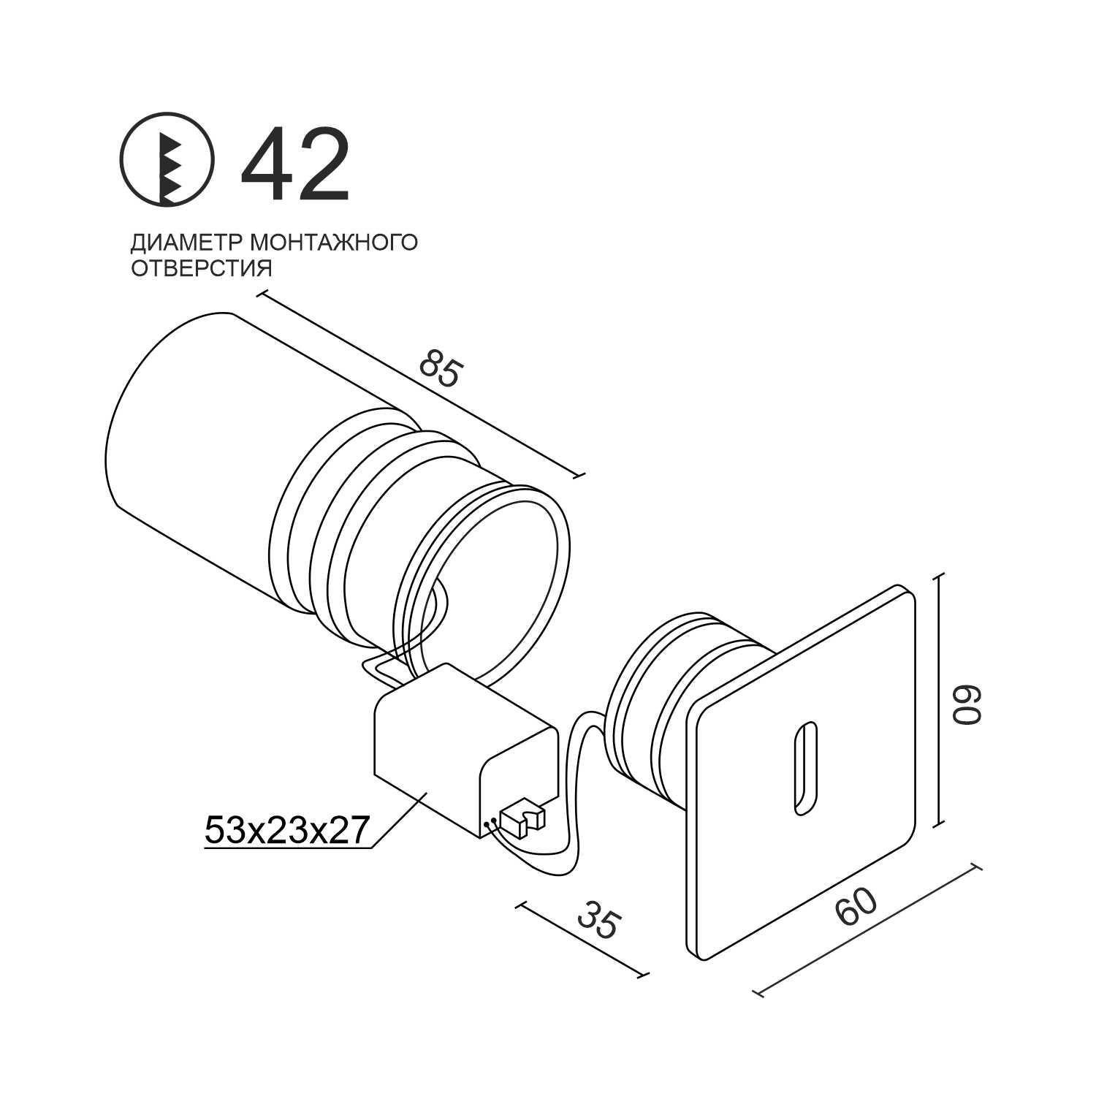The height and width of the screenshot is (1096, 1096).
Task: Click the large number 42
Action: click(295, 164)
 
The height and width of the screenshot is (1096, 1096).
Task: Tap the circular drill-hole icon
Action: click(167, 158)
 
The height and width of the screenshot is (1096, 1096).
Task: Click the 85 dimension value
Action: click(441, 368)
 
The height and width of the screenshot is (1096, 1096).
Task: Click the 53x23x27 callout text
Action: click(285, 830)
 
